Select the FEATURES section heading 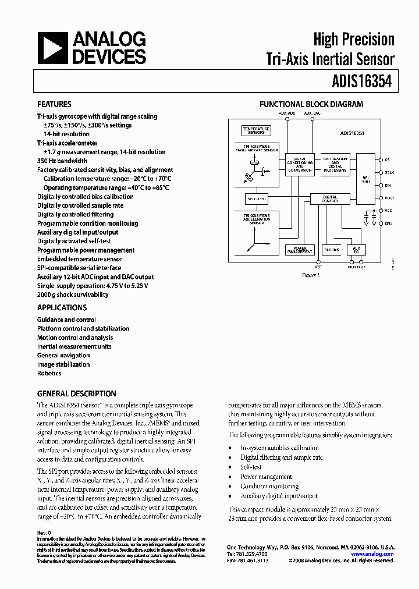[x=54, y=105]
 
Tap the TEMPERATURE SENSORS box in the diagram [x=256, y=130]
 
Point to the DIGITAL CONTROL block [x=330, y=198]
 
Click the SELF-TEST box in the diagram [x=256, y=198]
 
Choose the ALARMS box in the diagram [x=332, y=249]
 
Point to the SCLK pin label [x=389, y=172]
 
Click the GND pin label [x=389, y=223]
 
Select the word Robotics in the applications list [x=49, y=373]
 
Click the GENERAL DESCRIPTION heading [x=77, y=393]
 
